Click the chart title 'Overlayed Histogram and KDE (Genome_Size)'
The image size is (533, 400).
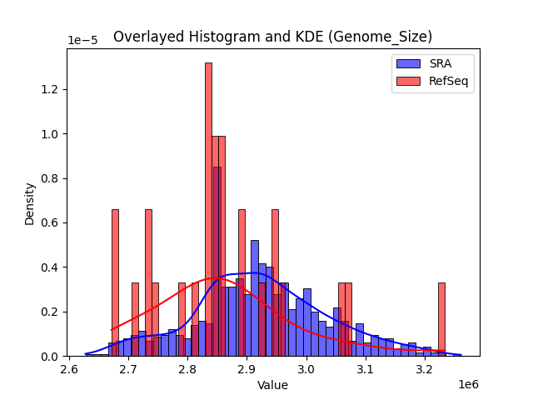coord(272,37)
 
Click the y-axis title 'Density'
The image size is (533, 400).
coord(30,203)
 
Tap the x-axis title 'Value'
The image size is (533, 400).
coord(272,386)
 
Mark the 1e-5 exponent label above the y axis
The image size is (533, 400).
coord(82,41)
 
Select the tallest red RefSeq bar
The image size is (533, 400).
coord(208,208)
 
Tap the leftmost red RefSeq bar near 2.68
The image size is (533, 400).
coord(115,283)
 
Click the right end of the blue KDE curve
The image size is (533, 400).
coord(461,355)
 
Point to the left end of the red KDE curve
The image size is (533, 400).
coord(112,330)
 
